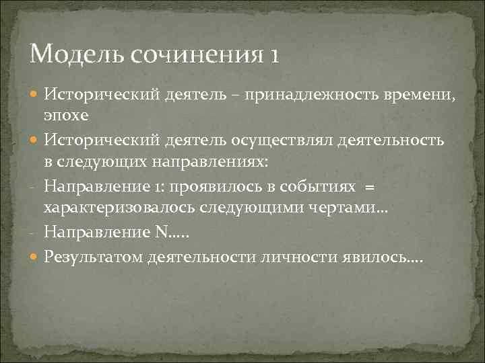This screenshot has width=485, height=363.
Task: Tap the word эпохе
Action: [x=65, y=115]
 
